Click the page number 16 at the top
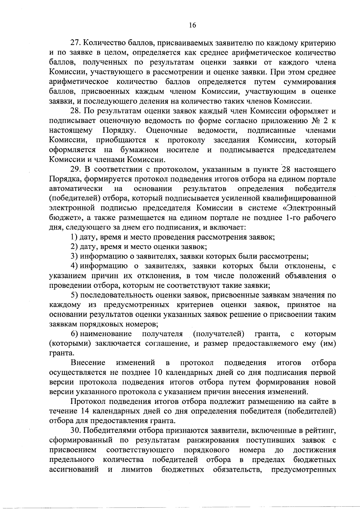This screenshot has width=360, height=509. (x=192, y=26)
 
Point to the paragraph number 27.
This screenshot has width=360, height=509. (x=75, y=43)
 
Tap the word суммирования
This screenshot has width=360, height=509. (x=308, y=82)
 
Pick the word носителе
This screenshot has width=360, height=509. (x=183, y=150)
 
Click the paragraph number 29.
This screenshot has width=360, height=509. (x=75, y=170)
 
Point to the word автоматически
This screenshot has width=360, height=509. (x=76, y=189)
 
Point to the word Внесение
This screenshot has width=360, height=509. (x=88, y=363)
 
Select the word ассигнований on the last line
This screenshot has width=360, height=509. (x=74, y=469)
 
